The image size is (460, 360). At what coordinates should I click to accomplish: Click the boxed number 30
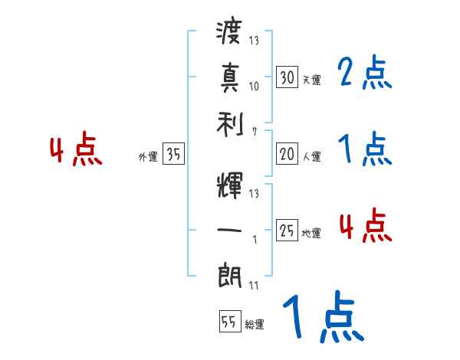click(287, 77)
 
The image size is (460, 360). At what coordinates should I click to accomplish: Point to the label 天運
click(311, 80)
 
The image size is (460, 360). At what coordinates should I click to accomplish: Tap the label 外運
click(147, 157)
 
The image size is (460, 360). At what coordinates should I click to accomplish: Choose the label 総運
click(255, 325)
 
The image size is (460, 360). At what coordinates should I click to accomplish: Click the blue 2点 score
click(364, 75)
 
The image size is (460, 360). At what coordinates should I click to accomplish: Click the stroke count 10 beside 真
click(255, 87)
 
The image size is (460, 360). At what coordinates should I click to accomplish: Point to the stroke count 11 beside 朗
click(254, 286)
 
